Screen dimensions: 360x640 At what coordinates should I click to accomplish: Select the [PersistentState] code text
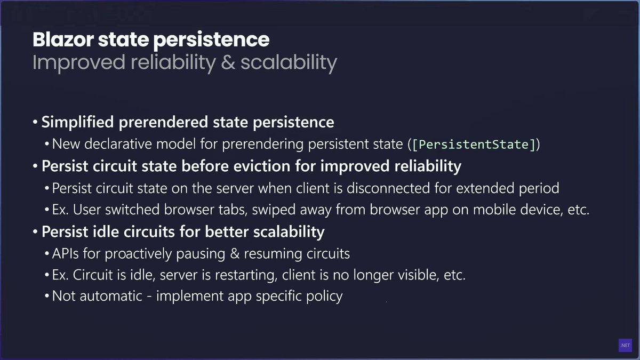473,144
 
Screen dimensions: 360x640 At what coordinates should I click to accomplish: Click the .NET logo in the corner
625,346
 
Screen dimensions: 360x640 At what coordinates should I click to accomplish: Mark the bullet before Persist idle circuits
35,232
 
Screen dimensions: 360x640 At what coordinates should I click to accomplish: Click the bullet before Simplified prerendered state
35,123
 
